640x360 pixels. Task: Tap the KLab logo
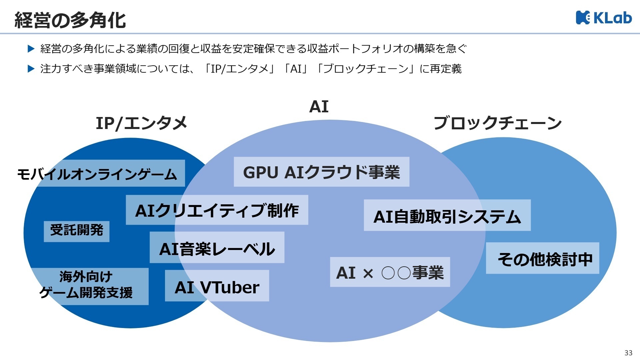[x=604, y=18]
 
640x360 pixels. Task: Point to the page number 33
[x=628, y=353]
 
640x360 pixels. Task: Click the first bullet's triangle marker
[x=31, y=49]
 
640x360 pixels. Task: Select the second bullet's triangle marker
[x=31, y=69]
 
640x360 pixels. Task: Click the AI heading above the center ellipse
[x=319, y=107]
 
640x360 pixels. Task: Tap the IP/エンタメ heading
[x=141, y=123]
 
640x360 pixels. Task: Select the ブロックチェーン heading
[x=497, y=123]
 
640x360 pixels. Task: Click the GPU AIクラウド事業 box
[x=321, y=172]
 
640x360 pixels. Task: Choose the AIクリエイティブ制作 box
[x=217, y=210]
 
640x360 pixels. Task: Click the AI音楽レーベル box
[x=217, y=248]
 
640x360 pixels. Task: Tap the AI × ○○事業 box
[x=390, y=272]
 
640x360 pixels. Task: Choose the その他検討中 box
[x=542, y=258]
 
